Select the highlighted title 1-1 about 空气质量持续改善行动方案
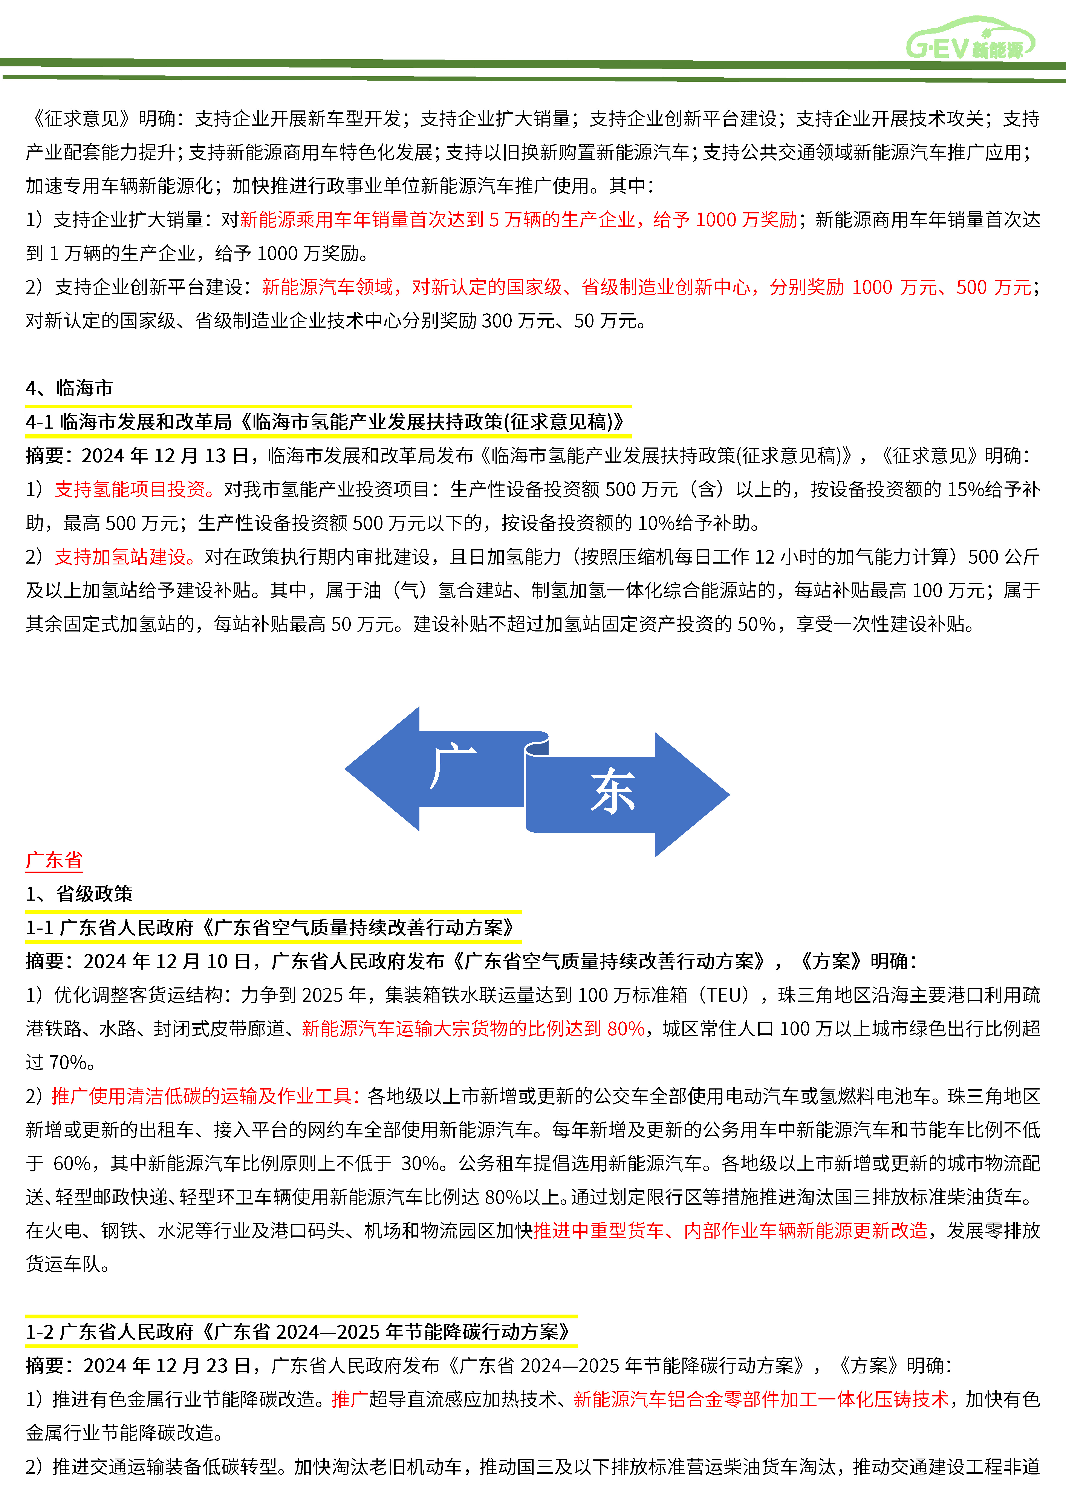point(271,927)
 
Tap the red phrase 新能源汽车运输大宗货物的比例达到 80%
point(473,1028)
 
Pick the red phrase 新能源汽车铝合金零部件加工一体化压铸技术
point(761,1399)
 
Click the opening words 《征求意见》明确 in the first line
point(105,118)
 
